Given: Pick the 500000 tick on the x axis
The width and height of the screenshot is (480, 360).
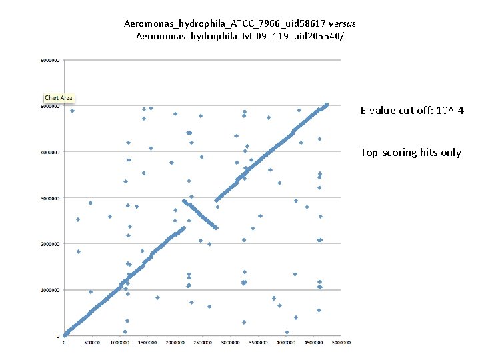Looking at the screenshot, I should coord(91,343).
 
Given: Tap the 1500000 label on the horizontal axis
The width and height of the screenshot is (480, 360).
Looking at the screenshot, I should coord(147,343).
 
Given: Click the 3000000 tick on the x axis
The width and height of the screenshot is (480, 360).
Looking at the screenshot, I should coord(230,343).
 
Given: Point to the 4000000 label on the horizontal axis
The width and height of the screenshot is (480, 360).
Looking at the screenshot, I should coord(285,343).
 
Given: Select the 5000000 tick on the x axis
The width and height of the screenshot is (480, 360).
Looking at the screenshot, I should coord(341,343).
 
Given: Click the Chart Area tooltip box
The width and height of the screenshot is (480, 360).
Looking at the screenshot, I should coord(59,98).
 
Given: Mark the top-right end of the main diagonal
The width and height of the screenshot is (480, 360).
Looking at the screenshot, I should coord(327,104).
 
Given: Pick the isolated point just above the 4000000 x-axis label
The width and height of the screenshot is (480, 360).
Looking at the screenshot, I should coord(287,332).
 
